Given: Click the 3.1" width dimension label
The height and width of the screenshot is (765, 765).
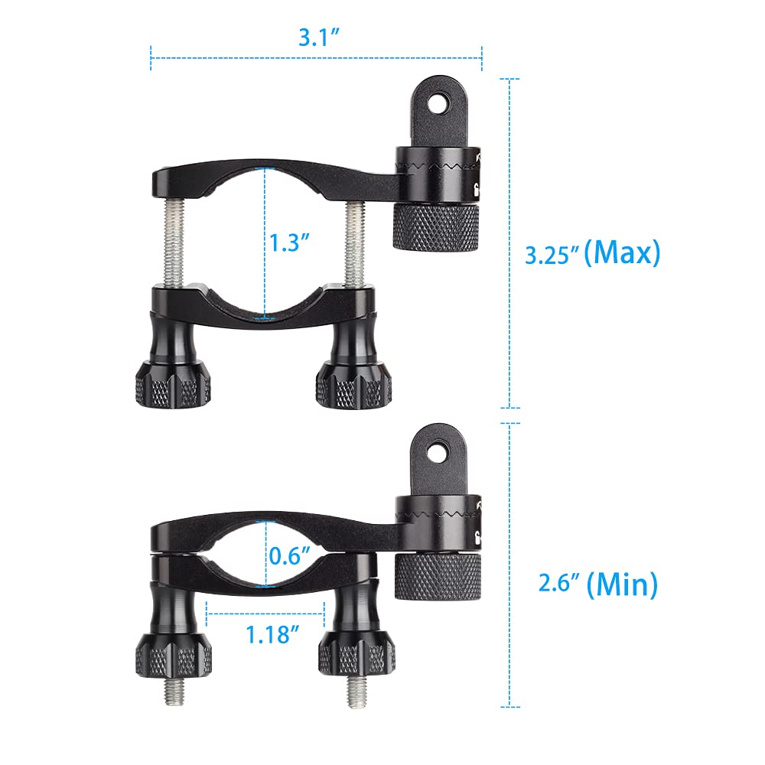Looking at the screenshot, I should pyautogui.click(x=317, y=36).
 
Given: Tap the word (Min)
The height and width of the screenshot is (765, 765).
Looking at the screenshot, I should pyautogui.click(x=621, y=585).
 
